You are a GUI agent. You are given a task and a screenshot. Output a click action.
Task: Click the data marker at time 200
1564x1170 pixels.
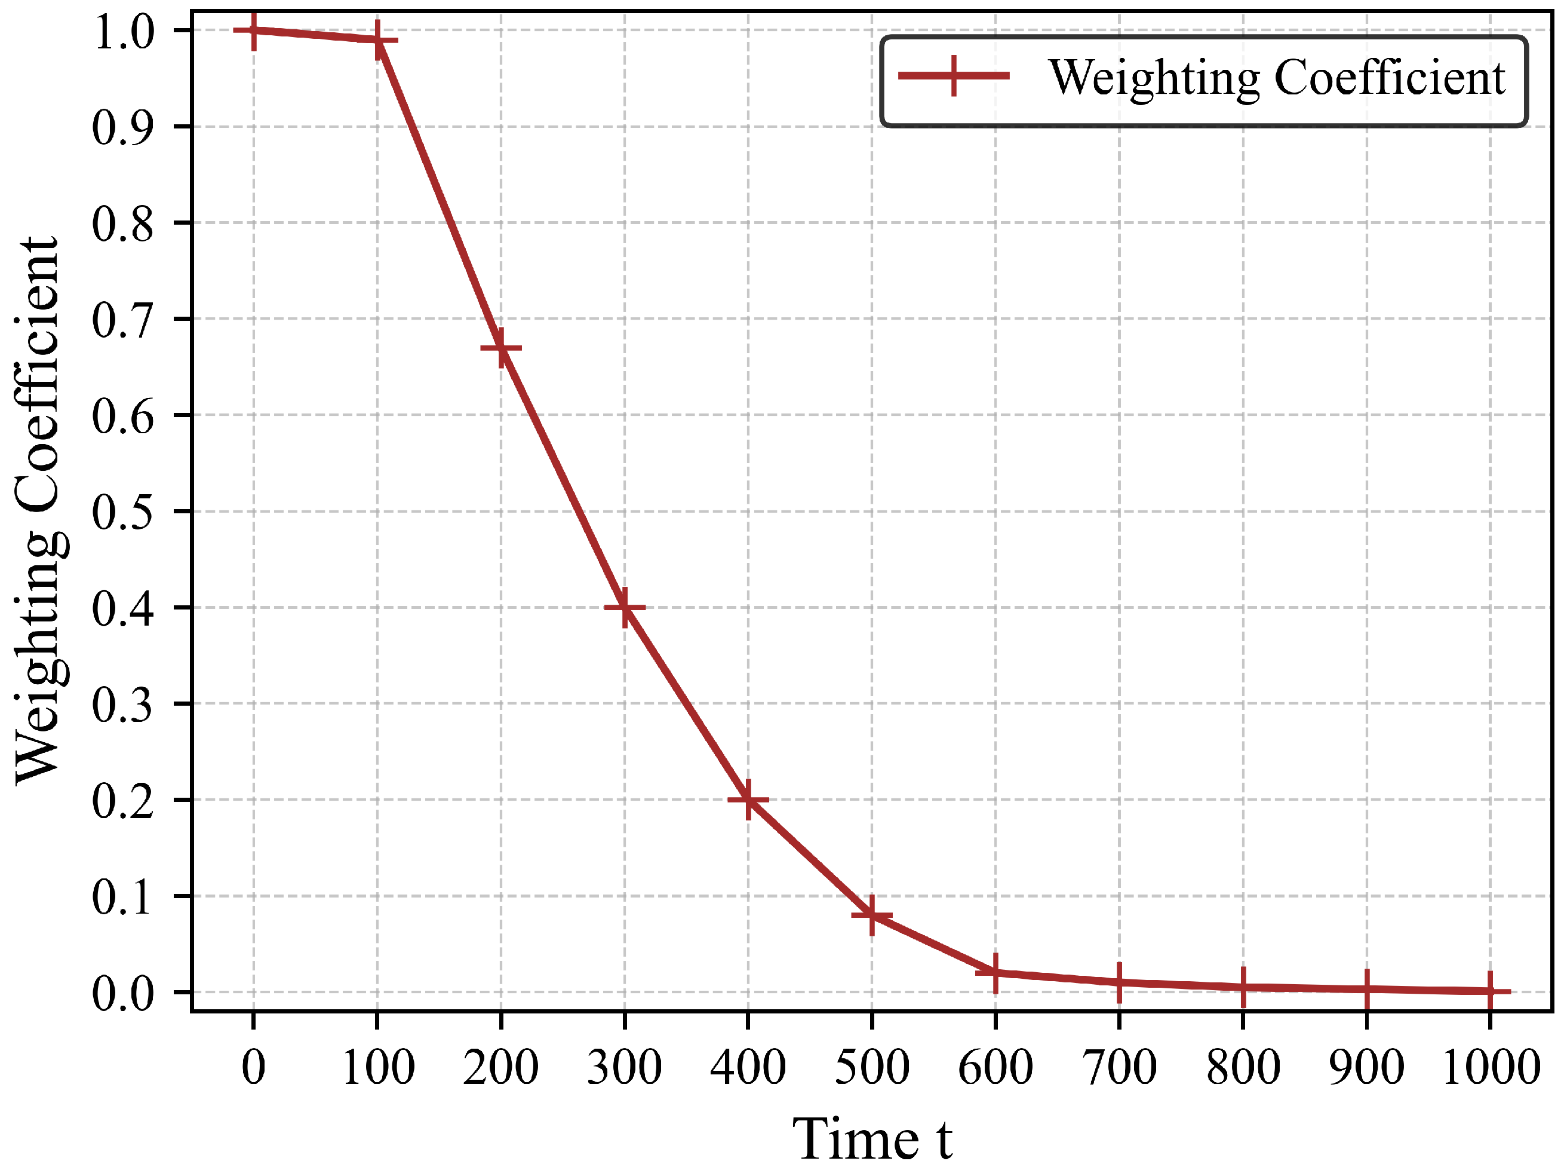tap(501, 348)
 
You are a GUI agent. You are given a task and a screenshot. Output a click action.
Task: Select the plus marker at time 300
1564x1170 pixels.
tap(624, 607)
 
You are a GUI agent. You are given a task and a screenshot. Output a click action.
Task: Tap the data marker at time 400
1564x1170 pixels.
tap(748, 800)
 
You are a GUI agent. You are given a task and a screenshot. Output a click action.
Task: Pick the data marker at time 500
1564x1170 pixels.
tap(872, 915)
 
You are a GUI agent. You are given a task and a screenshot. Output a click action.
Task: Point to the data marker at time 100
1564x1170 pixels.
tap(377, 39)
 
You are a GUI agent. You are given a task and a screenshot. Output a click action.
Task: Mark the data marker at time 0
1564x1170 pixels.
tap(254, 30)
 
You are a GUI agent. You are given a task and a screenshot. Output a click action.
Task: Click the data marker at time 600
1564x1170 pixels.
tap(995, 973)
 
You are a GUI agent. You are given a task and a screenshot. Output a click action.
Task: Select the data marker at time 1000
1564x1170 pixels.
tap(1490, 991)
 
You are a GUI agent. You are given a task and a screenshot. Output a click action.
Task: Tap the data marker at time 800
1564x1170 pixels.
tap(1243, 987)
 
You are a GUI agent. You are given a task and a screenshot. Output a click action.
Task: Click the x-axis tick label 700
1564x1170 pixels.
tap(1119, 1067)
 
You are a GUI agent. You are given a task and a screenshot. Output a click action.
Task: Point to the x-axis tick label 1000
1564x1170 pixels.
tap(1491, 1067)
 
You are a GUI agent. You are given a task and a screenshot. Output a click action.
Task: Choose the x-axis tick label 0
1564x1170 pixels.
tap(254, 1067)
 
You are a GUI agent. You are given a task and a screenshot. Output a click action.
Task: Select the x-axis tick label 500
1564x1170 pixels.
tap(872, 1067)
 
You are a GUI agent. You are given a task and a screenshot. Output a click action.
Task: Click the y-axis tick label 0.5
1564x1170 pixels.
tap(122, 512)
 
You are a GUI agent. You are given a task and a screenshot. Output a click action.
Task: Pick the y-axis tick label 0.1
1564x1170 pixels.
tap(122, 897)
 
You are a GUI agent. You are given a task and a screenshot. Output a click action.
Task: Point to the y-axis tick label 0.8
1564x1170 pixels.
tap(122, 223)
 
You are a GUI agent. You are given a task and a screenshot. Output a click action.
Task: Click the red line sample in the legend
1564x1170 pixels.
tap(954, 75)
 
